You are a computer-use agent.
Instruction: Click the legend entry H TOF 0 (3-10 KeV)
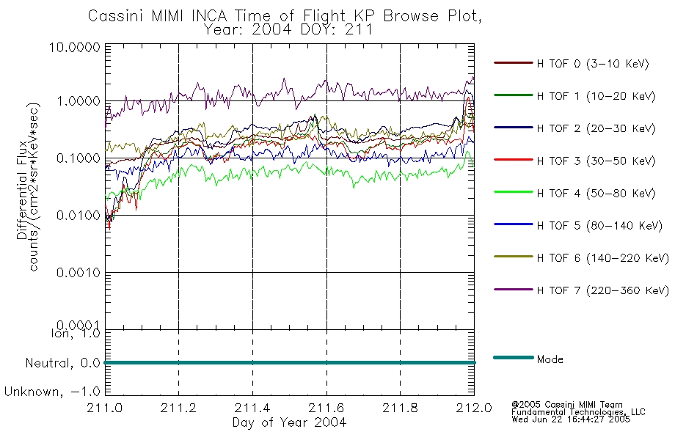click(593, 64)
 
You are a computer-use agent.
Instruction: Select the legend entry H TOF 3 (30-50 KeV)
click(596, 161)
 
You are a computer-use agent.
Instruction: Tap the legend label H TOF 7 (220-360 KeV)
click(603, 290)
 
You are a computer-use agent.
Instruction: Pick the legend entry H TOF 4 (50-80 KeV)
click(596, 194)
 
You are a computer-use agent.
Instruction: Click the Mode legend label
click(550, 359)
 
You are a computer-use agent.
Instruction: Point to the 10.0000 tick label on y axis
click(75, 47)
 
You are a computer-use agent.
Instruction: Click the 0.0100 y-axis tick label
click(79, 216)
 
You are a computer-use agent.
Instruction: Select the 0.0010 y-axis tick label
click(79, 273)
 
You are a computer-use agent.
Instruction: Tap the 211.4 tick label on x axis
click(252, 408)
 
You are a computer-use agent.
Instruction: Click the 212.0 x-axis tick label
click(474, 408)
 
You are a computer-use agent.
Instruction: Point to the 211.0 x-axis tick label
click(105, 408)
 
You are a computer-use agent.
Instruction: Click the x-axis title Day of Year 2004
click(289, 422)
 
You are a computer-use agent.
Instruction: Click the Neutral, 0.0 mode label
click(62, 364)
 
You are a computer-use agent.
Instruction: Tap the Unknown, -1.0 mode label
click(52, 392)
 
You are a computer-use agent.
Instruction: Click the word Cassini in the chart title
click(116, 16)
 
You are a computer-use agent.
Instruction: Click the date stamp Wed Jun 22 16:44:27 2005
click(571, 419)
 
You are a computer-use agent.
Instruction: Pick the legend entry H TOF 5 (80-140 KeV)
click(599, 226)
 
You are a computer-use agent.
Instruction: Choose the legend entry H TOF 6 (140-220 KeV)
click(603, 258)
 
